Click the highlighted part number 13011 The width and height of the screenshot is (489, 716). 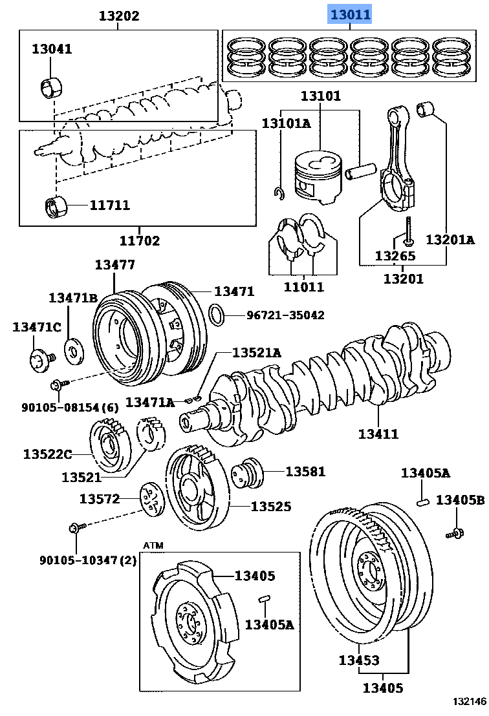pos(351,14)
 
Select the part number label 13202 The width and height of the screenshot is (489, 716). pos(118,16)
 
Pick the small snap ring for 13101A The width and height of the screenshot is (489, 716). pos(278,193)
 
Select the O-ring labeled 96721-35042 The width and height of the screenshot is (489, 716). pos(218,315)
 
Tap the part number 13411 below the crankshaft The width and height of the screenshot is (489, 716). pos(378,434)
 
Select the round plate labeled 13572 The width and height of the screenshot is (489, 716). pos(153,500)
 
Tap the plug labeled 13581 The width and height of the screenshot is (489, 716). pos(249,474)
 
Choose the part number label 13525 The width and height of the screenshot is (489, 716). pos(270,507)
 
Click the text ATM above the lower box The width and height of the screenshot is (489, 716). pos(153,545)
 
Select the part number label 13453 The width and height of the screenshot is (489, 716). pos(359,660)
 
